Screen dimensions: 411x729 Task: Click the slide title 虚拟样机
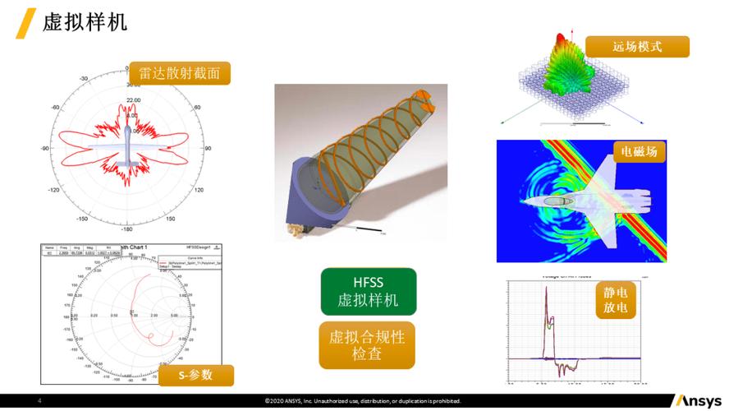tap(85, 22)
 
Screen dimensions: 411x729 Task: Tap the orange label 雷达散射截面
tap(179, 73)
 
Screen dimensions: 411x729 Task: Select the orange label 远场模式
tap(637, 46)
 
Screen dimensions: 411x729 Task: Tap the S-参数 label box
tap(196, 375)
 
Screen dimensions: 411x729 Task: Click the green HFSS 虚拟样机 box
tap(368, 291)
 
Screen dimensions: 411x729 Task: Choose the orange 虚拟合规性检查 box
tap(367, 345)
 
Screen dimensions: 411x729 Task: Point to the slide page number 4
tap(39, 401)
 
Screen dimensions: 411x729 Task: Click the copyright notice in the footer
tap(363, 401)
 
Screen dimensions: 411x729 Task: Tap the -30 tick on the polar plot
tap(84, 79)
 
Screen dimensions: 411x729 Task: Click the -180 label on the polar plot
tap(129, 229)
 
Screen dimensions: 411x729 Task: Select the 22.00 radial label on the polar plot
tap(133, 100)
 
